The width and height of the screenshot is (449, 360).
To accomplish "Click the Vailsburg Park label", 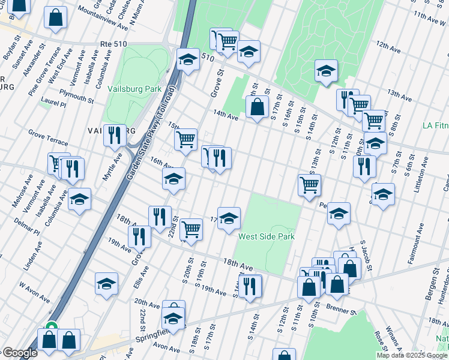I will pos(135,89).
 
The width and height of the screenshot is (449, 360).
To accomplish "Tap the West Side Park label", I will pos(267,236).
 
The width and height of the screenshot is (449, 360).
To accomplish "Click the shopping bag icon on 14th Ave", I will pos(257,107).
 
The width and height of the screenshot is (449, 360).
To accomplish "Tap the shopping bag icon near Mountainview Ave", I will pos(56,18).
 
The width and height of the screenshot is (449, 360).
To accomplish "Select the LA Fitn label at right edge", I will pos(435,125).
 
